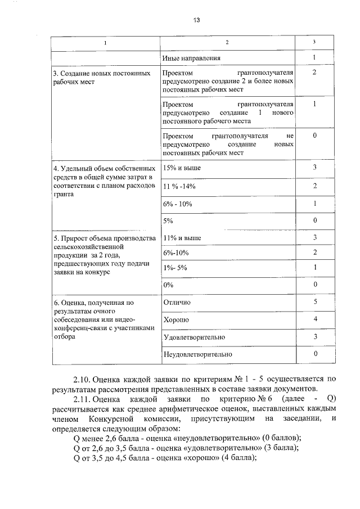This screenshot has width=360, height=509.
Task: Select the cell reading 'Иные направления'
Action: [x=191, y=58]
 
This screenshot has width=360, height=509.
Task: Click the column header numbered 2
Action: [x=227, y=43]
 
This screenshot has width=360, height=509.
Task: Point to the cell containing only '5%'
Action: [x=167, y=220]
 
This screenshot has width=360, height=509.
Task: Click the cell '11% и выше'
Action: [x=181, y=238]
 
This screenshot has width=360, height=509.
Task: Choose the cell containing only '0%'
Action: [x=167, y=285]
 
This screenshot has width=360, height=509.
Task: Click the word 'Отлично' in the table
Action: [x=177, y=302]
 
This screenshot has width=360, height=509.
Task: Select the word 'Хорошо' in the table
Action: [x=175, y=319]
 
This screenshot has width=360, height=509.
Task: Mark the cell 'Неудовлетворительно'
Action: [x=197, y=354]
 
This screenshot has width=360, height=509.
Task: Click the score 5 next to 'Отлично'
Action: [x=315, y=301]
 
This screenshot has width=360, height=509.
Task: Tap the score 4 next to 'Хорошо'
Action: [x=315, y=319]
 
